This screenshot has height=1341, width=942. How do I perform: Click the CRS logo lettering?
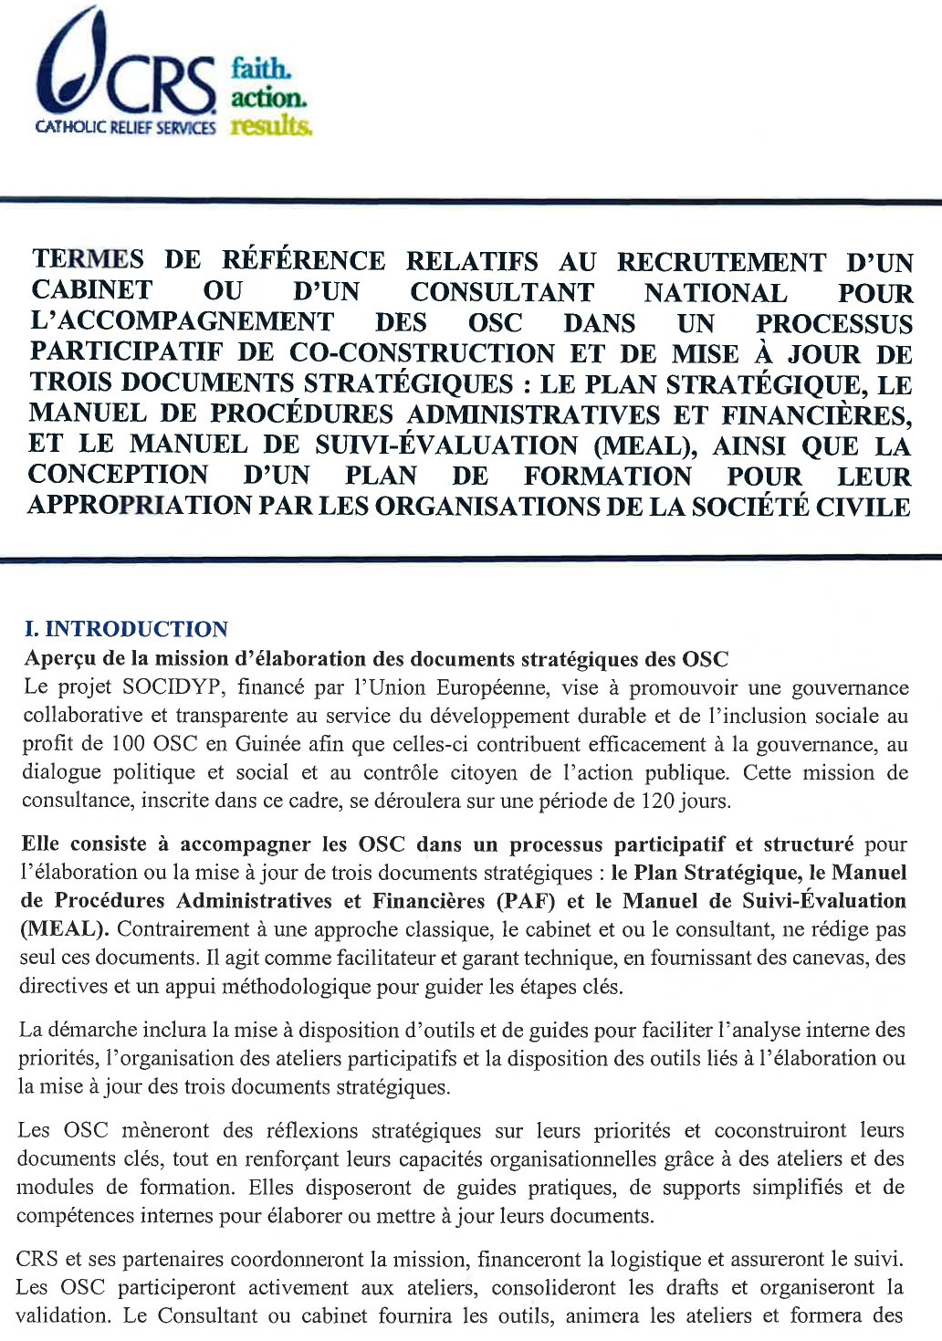[161, 84]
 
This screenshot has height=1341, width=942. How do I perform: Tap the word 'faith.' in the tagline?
[260, 68]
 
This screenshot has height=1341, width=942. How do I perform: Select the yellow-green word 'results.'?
[271, 125]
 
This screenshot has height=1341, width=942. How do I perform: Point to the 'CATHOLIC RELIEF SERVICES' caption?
[125, 128]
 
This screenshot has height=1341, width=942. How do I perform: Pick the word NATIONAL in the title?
[715, 293]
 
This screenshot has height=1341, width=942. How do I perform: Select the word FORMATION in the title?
[608, 476]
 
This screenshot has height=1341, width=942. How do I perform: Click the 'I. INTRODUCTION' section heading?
[126, 629]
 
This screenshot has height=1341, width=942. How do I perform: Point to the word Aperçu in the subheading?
[63, 658]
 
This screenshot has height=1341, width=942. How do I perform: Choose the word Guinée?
[267, 744]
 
